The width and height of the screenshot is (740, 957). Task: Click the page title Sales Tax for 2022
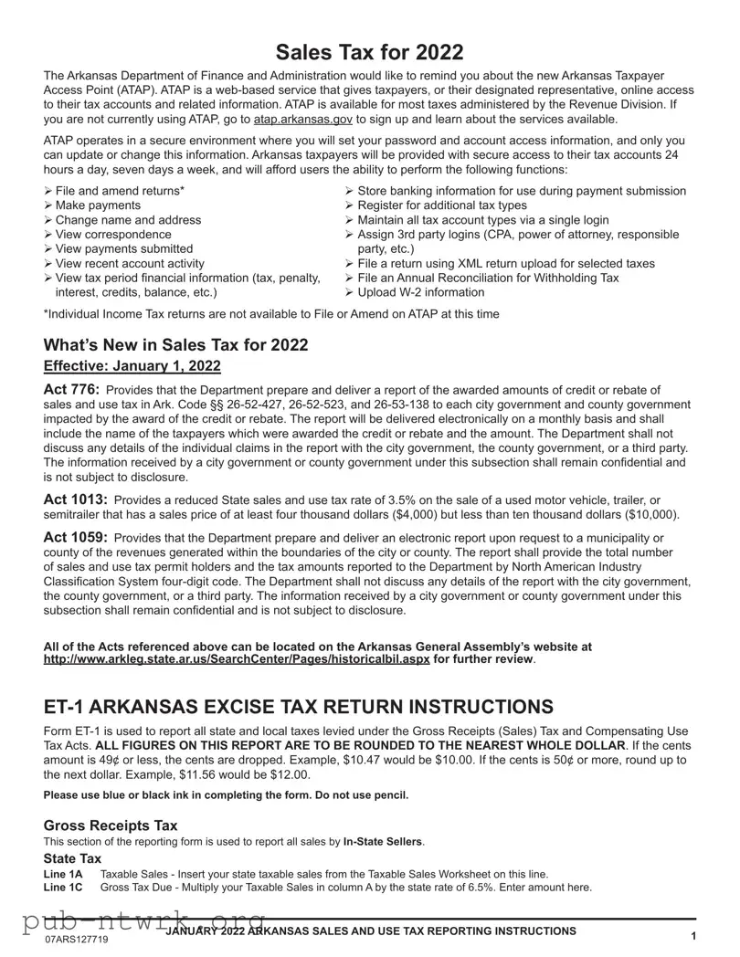point(369,52)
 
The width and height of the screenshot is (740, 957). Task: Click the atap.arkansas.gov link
point(302,119)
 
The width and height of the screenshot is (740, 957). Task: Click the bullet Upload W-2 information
point(420,292)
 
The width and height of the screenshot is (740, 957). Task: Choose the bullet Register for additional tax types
point(442,205)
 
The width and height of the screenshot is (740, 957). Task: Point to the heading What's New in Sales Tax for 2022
point(175,344)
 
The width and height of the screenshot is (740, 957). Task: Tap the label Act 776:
point(71,390)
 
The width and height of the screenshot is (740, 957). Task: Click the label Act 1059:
point(76,538)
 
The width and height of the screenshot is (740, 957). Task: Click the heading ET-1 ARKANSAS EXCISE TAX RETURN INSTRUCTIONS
point(298,707)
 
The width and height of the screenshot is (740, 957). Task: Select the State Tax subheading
point(72,859)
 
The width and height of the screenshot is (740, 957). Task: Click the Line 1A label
point(63,874)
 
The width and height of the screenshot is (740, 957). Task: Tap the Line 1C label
point(63,887)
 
